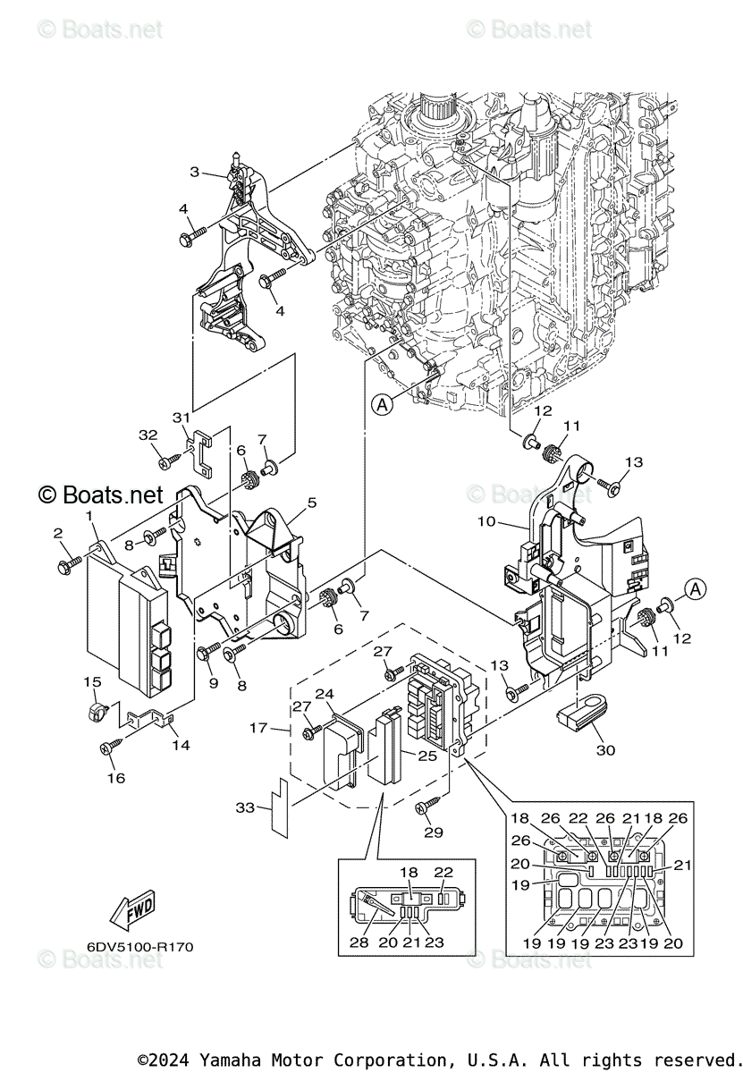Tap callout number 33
(x=245, y=807)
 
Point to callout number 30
(x=605, y=749)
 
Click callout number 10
(x=486, y=520)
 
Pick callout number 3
(x=194, y=172)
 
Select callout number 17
(x=258, y=728)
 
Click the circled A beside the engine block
(x=382, y=405)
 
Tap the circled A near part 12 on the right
(x=696, y=588)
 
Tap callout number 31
(x=182, y=418)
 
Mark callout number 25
(x=427, y=756)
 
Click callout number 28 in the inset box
(x=359, y=942)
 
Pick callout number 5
(x=312, y=503)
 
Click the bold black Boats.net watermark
(x=101, y=494)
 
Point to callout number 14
(x=182, y=745)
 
